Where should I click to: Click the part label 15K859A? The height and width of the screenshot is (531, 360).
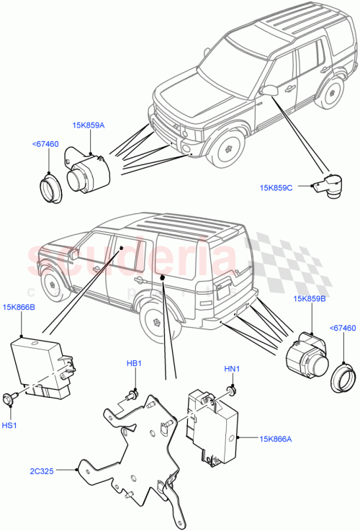[88, 125]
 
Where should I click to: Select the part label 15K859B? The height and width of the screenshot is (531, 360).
[308, 298]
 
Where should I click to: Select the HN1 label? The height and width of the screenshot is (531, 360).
[231, 370]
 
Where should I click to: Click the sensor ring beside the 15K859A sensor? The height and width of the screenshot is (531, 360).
[50, 186]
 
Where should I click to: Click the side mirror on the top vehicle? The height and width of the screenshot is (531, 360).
[270, 89]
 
